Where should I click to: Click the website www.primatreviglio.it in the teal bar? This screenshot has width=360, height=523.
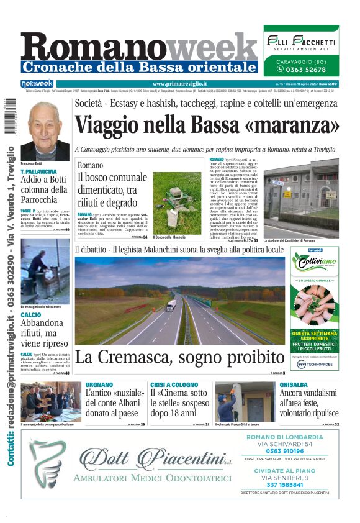(179, 84)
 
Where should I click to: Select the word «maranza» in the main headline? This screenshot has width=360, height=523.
(299, 125)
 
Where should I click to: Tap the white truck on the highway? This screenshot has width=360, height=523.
(171, 305)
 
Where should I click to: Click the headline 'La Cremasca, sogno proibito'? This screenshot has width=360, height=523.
(180, 357)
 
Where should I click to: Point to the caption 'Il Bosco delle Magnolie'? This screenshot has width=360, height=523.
(168, 238)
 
